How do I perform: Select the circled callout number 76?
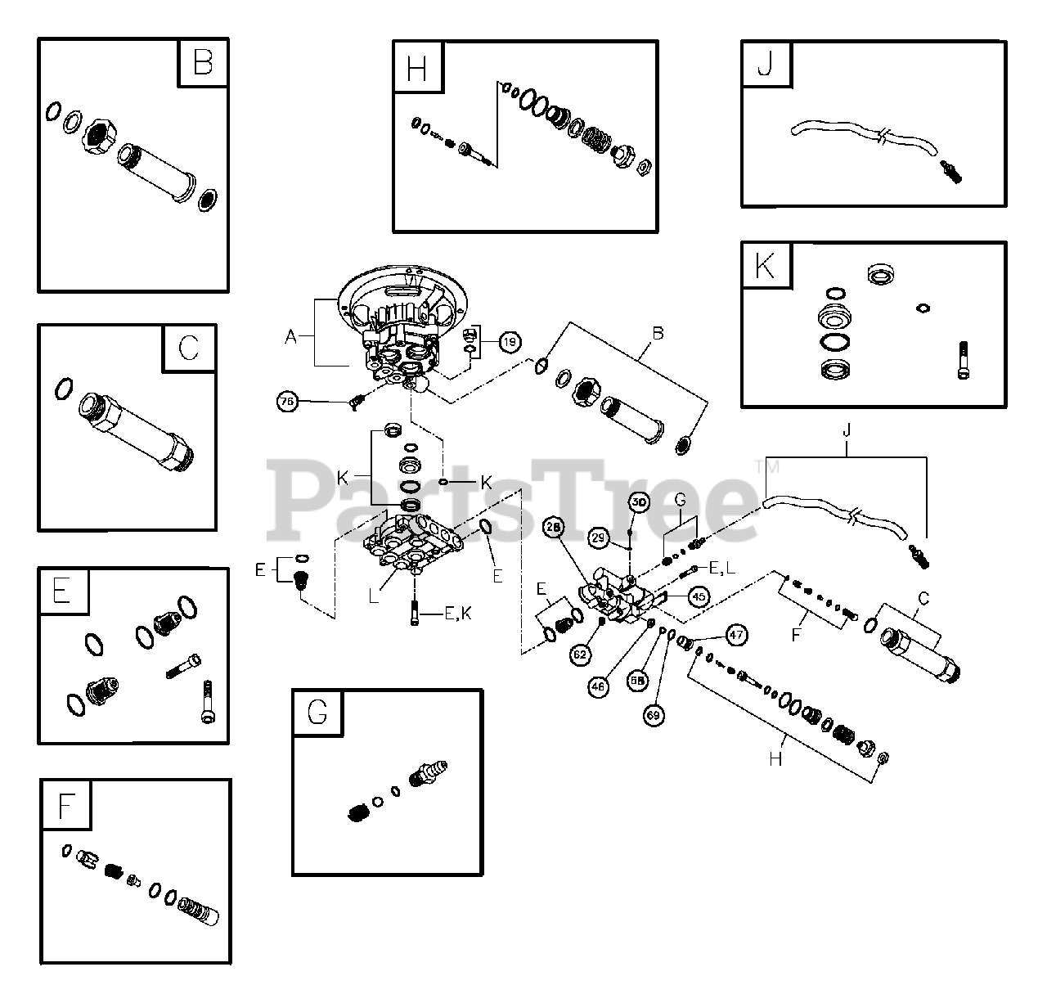(287, 402)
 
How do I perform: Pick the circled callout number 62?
(580, 654)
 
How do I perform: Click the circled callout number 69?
(654, 715)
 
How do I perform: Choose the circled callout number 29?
(600, 537)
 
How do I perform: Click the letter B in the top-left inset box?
(202, 63)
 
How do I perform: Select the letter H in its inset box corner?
(417, 67)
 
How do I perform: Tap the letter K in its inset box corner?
(766, 266)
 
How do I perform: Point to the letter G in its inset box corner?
(317, 713)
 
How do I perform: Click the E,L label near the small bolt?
(721, 568)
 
